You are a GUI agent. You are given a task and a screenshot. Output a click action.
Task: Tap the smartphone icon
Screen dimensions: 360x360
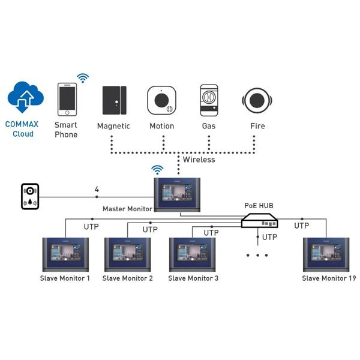[67, 100]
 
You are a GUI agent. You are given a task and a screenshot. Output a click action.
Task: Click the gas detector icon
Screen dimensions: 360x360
[209, 100]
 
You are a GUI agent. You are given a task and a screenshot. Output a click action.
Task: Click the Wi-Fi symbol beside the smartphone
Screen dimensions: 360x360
[83, 78]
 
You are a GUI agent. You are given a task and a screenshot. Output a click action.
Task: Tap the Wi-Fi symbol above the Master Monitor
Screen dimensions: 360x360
[157, 170]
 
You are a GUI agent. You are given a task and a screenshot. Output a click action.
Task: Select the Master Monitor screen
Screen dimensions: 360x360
[177, 193]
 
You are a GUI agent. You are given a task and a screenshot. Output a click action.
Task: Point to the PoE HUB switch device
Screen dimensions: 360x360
[260, 222]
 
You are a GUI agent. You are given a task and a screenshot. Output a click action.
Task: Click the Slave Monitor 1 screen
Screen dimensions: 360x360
[65, 256]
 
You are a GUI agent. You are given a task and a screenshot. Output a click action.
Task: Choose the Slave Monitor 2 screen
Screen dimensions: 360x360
[127, 256]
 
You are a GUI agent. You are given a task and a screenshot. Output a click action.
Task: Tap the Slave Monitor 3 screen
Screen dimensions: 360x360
[193, 256]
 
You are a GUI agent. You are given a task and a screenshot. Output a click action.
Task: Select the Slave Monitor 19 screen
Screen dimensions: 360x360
[327, 256]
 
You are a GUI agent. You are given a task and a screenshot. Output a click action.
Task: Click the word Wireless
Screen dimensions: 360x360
[199, 160]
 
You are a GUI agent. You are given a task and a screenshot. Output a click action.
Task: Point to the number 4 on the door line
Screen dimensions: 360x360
[97, 190]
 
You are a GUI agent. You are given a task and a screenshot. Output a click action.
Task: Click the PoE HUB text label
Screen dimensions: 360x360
[259, 206]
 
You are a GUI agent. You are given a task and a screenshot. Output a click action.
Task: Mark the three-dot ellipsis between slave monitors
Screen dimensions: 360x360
[257, 255]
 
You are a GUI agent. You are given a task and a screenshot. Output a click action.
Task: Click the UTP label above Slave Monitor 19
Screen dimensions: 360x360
[301, 226]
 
